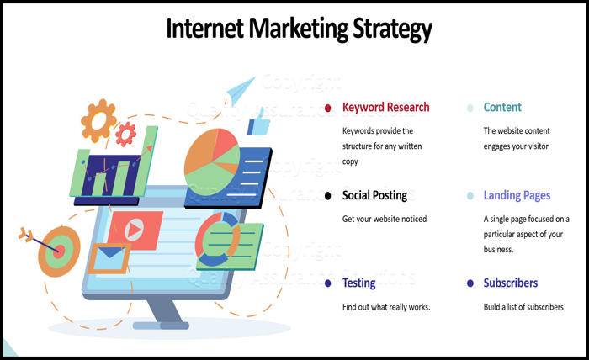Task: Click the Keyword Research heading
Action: (385, 108)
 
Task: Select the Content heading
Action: (502, 108)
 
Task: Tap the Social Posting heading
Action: (374, 196)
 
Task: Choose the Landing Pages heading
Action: (517, 196)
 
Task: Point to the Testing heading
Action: (358, 283)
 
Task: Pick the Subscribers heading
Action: (510, 283)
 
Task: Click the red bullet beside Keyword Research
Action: (327, 108)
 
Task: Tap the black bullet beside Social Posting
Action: (327, 196)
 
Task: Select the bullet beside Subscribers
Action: (470, 283)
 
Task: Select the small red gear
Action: (126, 133)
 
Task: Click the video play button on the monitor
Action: (134, 230)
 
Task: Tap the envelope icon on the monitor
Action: (109, 257)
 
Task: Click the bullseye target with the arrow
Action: (57, 249)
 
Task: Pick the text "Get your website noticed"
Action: (384, 219)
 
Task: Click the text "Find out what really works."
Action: (385, 307)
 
